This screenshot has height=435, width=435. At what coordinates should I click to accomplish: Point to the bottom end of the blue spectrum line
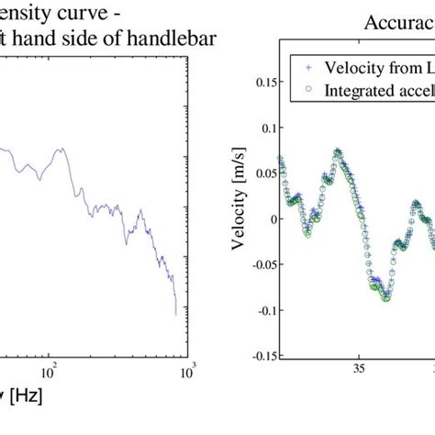tap(176, 315)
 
